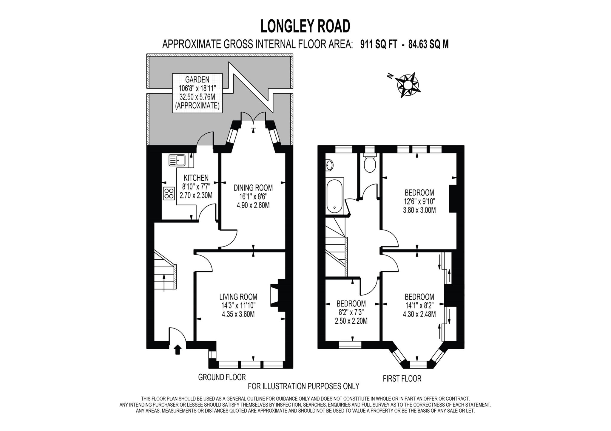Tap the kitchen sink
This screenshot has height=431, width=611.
177,160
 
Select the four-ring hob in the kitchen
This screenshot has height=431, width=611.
169,193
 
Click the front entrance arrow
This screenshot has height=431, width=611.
178,349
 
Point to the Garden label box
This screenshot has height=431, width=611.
198,93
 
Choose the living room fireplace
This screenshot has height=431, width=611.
278,295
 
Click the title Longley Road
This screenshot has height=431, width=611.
305,26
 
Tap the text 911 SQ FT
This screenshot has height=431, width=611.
379,44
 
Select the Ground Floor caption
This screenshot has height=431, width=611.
222,377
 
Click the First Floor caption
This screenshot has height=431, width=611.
402,379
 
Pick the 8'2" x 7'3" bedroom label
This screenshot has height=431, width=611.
351,312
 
